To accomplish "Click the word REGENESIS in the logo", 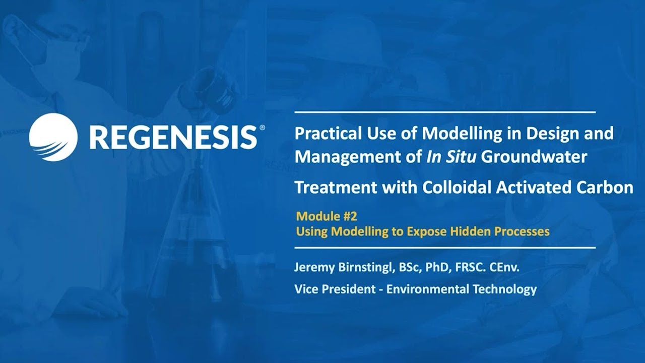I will pyautogui.click(x=173, y=137).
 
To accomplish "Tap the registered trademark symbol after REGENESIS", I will pyautogui.click(x=262, y=129).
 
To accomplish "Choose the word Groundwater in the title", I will pyautogui.click(x=534, y=157).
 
